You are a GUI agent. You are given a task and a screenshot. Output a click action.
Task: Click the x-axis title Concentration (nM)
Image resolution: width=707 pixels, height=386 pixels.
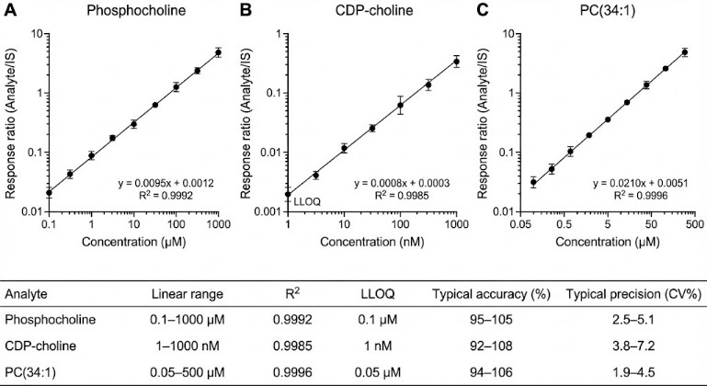pos(375,241)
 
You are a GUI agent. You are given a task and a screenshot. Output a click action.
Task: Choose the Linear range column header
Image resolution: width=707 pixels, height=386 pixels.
pos(185,295)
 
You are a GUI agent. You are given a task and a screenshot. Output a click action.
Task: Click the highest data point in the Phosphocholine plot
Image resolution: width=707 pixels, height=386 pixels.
pos(218,52)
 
